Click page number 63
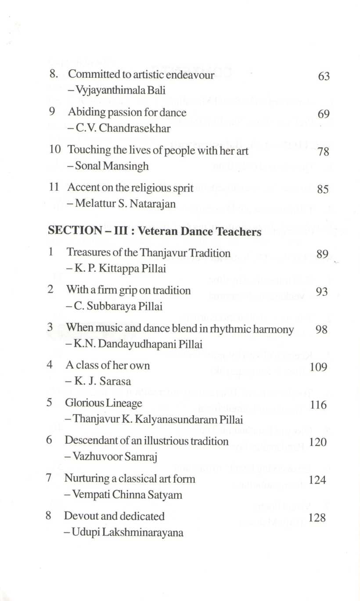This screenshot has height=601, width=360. click(324, 76)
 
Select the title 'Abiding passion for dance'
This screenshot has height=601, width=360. click(127, 112)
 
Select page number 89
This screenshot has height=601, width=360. click(322, 253)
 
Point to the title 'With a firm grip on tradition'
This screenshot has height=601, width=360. click(128, 290)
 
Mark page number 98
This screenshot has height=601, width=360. click(321, 330)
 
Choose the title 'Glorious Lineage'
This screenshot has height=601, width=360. click(104, 403)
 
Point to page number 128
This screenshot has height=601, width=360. click(317, 518)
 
